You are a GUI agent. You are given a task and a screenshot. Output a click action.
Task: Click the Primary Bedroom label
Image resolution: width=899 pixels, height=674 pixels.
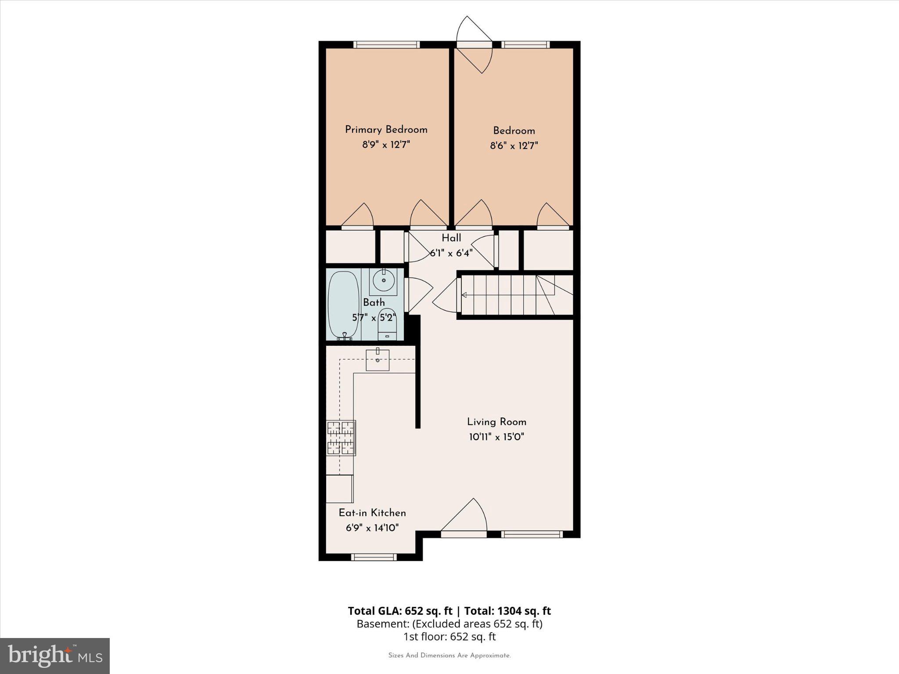(386, 129)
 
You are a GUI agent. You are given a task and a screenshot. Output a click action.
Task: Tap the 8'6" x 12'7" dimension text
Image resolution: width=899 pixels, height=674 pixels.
(514, 145)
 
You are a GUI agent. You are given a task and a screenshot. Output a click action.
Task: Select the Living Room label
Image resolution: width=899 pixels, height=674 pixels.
(496, 422)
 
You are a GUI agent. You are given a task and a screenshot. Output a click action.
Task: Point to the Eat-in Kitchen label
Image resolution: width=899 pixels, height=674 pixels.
(372, 513)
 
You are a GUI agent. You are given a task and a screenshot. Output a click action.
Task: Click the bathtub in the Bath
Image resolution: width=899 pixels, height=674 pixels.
(343, 305)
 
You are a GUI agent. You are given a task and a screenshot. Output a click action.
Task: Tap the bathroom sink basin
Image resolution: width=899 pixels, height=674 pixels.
(383, 280)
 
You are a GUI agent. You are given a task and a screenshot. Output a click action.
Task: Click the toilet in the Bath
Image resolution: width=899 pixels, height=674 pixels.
(387, 324)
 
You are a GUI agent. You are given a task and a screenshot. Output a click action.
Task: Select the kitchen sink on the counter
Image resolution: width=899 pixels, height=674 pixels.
(378, 360)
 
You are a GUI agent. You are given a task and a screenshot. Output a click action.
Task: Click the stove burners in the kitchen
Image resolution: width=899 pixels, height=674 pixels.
(341, 438)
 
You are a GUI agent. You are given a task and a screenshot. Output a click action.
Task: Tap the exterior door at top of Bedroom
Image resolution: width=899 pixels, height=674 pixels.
(475, 44)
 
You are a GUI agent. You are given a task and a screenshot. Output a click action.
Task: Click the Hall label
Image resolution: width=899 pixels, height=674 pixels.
(451, 238)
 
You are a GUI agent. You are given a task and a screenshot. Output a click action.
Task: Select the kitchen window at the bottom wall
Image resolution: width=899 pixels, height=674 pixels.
(374, 557)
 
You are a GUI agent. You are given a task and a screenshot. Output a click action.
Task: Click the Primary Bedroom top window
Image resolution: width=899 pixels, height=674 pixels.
(386, 44)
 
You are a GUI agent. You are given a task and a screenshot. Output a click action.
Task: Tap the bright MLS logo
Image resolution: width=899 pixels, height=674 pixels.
(55, 656)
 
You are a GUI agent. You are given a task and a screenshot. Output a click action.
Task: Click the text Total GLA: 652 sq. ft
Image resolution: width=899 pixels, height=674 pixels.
(400, 611)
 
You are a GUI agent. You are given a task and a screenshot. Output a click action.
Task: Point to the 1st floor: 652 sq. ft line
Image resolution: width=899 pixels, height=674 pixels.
(449, 637)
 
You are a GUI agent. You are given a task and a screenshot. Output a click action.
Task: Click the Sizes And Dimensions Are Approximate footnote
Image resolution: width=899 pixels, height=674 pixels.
(449, 656)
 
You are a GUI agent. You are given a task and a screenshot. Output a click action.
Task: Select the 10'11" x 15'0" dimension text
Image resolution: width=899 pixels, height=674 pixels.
(496, 437)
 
